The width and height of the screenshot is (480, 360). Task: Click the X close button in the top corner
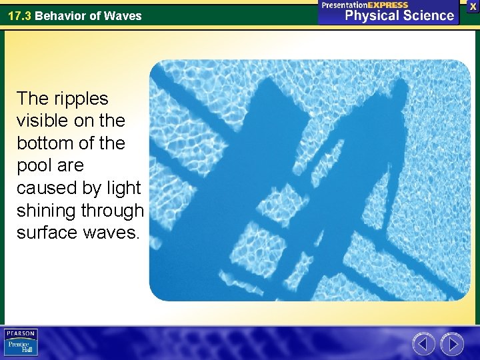coord(473,5)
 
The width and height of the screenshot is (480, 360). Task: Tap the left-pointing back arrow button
coord(423,344)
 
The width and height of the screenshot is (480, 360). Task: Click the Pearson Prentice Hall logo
coord(21,342)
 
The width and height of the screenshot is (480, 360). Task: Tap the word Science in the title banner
coord(430,15)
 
